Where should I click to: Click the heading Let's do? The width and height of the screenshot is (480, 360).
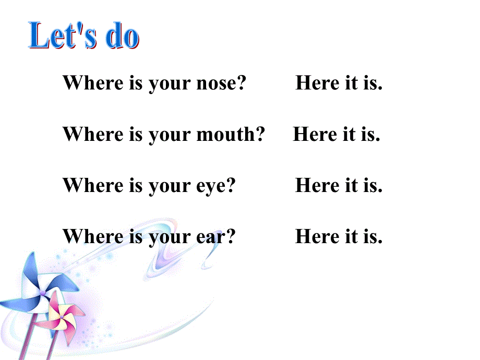(84, 37)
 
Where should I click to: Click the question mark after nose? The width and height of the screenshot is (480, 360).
(241, 83)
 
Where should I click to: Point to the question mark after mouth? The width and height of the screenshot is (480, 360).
(260, 135)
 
